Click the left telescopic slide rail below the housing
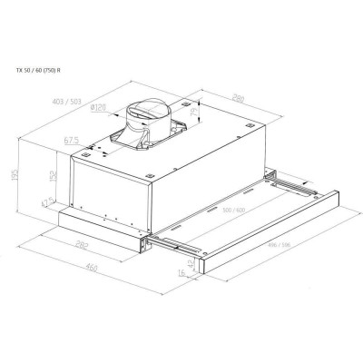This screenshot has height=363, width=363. (x=177, y=242)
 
